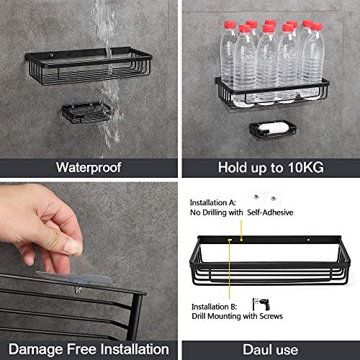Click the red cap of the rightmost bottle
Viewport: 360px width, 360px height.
point(317,28)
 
